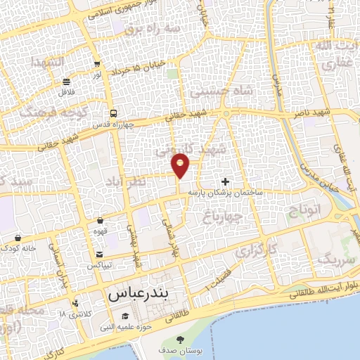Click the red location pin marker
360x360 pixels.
(x=181, y=165)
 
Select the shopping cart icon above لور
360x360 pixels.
(x=96, y=63)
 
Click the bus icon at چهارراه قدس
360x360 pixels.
(x=112, y=113)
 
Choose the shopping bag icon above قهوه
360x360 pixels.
(x=100, y=220)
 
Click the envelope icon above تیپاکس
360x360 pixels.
(x=100, y=255)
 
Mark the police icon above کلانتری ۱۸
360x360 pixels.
(x=76, y=303)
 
